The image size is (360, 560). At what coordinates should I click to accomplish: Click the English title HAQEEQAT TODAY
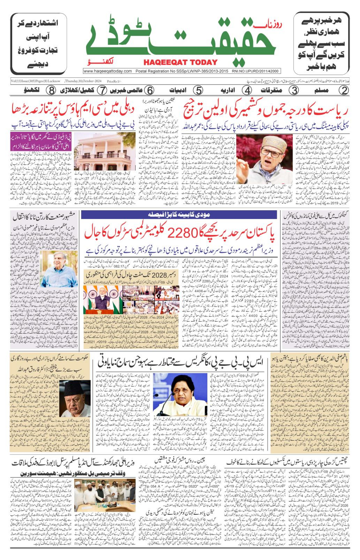tap(181, 62)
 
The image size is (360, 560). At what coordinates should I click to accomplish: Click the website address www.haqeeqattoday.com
tap(108, 71)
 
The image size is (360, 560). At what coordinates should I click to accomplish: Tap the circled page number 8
tap(51, 91)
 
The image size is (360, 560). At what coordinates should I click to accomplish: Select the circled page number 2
tap(344, 91)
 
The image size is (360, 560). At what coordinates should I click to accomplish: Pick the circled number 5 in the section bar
tap(198, 91)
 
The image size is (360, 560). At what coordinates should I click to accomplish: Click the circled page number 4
tap(247, 91)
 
